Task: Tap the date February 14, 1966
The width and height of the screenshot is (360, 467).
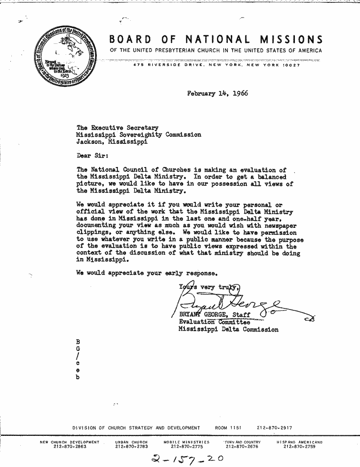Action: click(218, 93)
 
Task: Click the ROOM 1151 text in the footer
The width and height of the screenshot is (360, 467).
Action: click(227, 428)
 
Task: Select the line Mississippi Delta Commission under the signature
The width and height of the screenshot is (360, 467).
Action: click(228, 329)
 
